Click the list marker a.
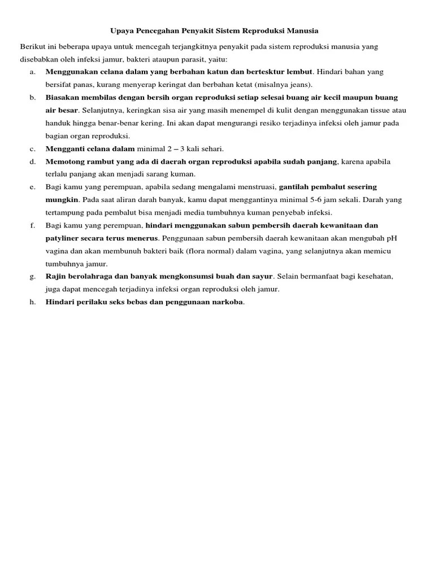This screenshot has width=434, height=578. (x=32, y=72)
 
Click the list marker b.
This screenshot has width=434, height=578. (x=32, y=98)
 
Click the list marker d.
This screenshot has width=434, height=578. (x=32, y=161)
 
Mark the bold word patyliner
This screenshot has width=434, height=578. (x=63, y=238)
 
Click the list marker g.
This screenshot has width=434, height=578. (x=32, y=276)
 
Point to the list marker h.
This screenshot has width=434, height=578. (x=32, y=302)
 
